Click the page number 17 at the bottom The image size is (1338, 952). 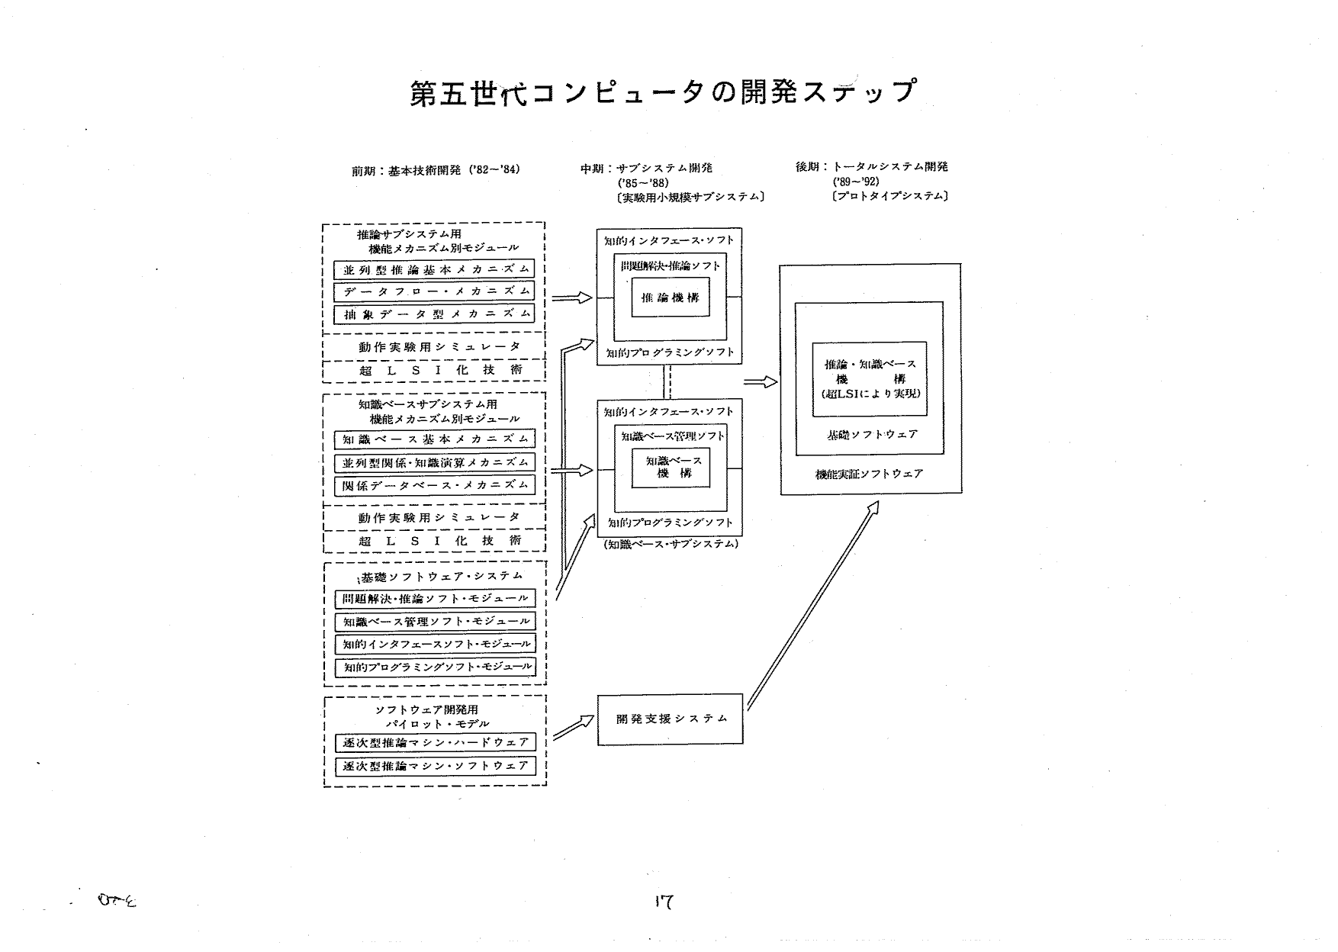663,902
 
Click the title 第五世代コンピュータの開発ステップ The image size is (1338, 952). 662,93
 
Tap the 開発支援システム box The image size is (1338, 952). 670,719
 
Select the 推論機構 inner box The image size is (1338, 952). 671,297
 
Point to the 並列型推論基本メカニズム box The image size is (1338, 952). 434,269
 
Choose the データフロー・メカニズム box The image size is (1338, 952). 434,291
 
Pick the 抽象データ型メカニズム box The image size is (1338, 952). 434,314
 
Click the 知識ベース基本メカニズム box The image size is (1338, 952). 434,439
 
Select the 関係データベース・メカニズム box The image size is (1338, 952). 434,484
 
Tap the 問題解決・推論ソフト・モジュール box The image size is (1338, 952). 435,599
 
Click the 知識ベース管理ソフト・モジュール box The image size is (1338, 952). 435,622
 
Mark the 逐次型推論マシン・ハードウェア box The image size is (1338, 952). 435,742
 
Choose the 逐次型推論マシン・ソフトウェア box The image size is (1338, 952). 435,765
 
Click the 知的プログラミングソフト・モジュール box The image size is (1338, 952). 435,667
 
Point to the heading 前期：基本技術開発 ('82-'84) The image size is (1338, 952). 436,170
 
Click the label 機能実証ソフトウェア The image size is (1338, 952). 869,474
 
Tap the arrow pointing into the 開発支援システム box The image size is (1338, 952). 573,727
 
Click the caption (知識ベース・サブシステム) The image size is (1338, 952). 671,545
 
